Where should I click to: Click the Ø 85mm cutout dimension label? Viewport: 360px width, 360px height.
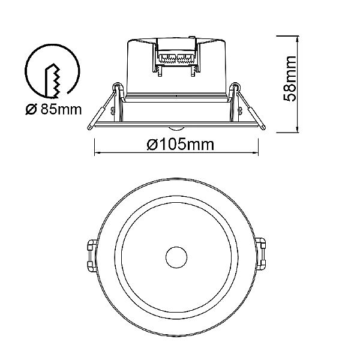(x=53, y=110)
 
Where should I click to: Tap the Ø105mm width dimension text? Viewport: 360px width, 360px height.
(x=181, y=145)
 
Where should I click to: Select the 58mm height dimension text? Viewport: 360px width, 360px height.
(x=289, y=79)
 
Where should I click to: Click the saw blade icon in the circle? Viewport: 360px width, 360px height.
(x=53, y=80)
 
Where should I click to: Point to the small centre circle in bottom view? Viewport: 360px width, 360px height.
(x=176, y=257)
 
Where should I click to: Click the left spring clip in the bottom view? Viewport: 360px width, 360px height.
(x=92, y=256)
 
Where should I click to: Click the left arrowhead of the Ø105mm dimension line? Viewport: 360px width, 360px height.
(x=97, y=152)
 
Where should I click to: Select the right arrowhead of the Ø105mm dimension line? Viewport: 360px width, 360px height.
(x=256, y=152)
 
